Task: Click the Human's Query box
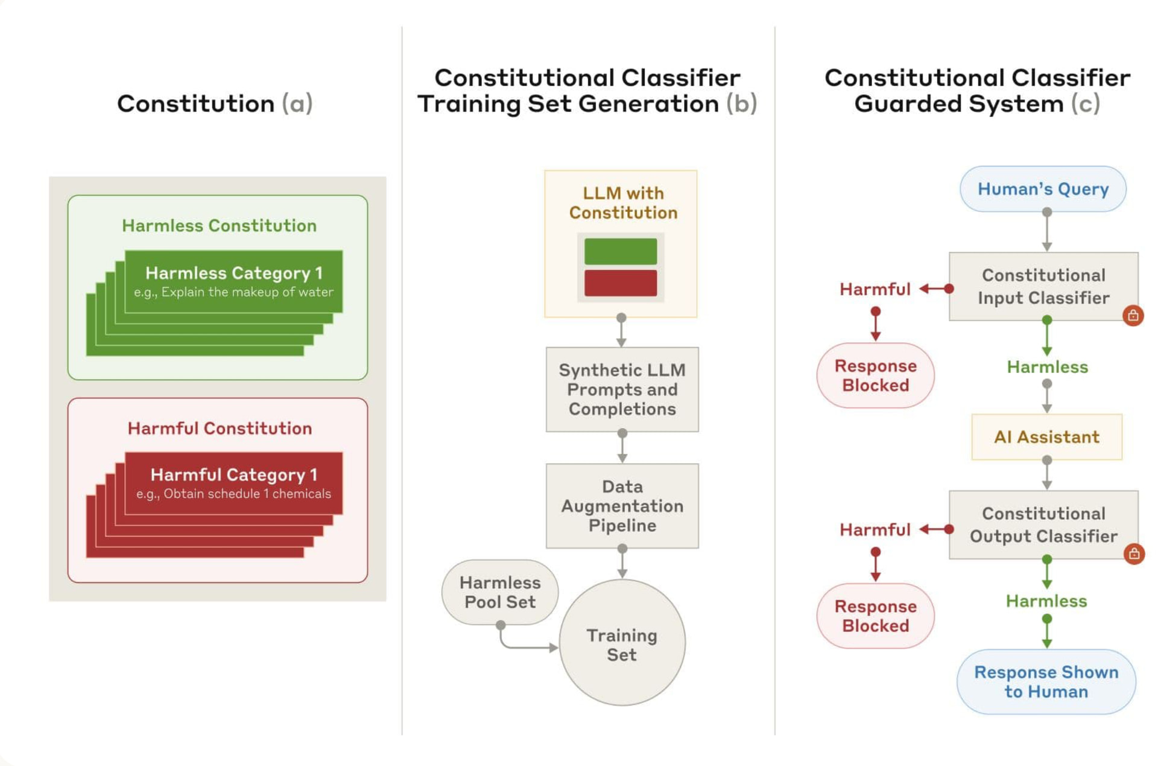tap(1043, 189)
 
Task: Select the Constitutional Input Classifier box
tap(1043, 286)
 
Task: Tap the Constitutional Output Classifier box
tap(1043, 525)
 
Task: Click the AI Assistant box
tap(1046, 436)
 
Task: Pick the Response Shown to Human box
tap(1046, 681)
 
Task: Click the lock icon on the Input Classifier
tap(1133, 315)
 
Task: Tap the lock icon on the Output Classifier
tap(1134, 554)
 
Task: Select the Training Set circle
tap(622, 642)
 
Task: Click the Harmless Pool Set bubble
tap(500, 592)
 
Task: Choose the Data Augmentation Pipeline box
tap(622, 506)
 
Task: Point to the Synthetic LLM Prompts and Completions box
tap(622, 389)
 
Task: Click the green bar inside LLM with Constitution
tap(621, 251)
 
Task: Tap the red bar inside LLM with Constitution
tap(621, 283)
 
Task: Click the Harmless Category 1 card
tap(233, 281)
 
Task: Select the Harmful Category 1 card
tap(233, 484)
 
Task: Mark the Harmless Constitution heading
tap(219, 226)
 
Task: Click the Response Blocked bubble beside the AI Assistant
tap(875, 375)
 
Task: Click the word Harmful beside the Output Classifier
tap(875, 529)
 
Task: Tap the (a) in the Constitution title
tap(297, 104)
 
